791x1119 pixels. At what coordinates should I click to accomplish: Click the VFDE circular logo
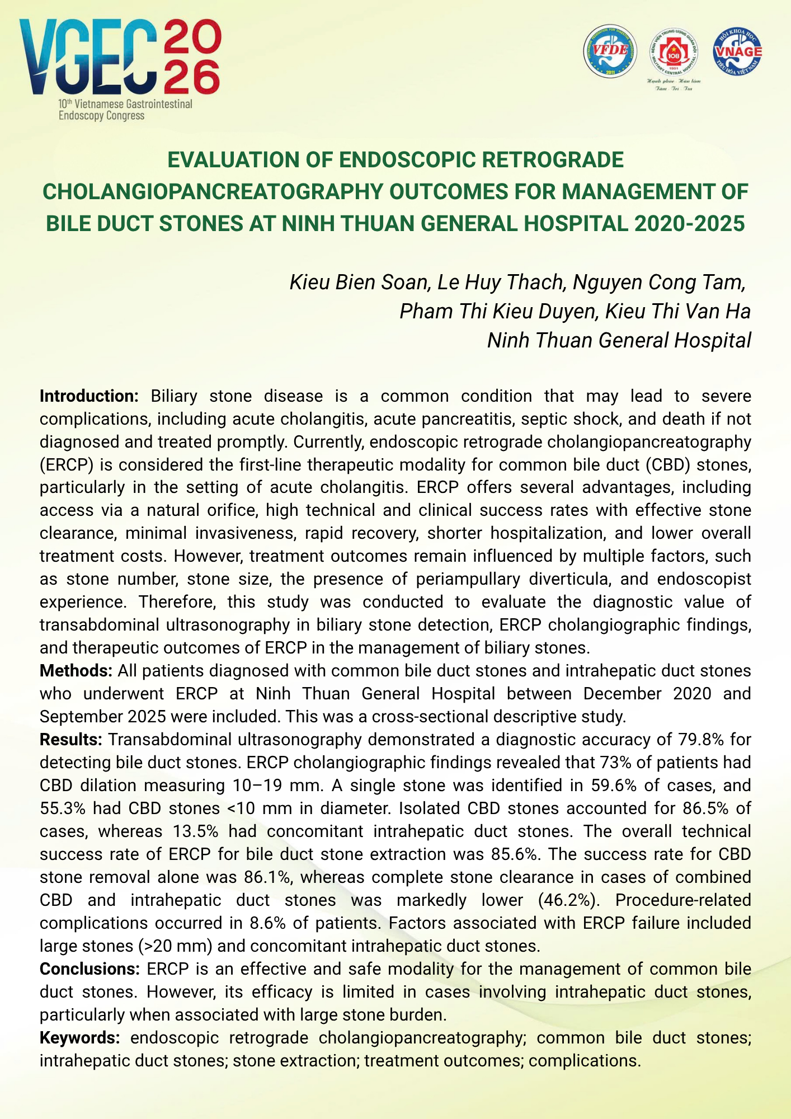(x=610, y=51)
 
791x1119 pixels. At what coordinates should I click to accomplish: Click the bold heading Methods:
(x=76, y=670)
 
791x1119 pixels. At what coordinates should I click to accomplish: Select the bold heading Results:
(x=70, y=739)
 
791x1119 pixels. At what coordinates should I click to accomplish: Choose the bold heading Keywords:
(x=79, y=1037)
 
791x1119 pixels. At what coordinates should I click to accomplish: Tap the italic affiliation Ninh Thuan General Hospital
(x=619, y=340)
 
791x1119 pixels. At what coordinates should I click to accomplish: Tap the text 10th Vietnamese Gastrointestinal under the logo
(x=125, y=104)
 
